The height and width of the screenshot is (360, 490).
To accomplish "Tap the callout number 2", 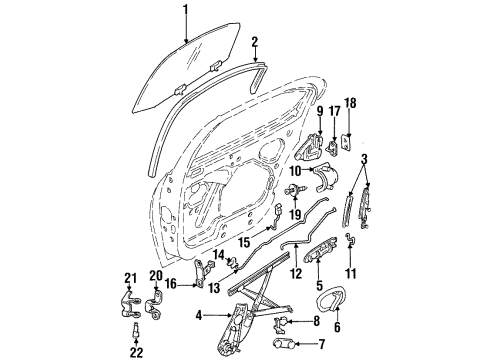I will coord(255,43).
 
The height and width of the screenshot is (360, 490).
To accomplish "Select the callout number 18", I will coord(349,103).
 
